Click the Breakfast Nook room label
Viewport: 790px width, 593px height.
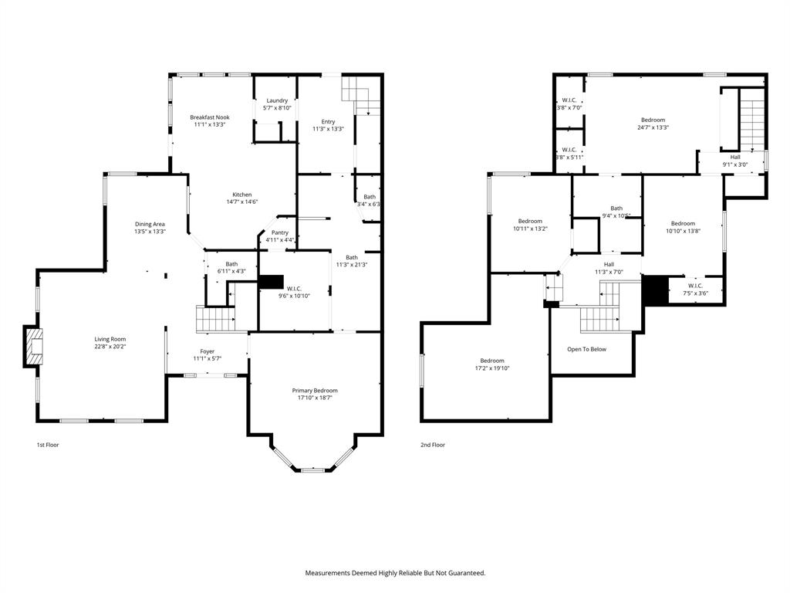(210, 117)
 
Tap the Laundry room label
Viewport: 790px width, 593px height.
(277, 100)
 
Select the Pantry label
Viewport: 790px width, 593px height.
(279, 232)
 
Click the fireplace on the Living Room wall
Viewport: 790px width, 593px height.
(33, 347)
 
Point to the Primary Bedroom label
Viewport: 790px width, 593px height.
(315, 391)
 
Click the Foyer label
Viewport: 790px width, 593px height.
(208, 351)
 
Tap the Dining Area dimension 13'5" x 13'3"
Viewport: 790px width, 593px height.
(150, 232)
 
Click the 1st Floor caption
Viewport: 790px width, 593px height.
(48, 445)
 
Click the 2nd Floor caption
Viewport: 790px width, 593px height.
(433, 445)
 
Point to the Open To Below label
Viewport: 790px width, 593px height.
(586, 349)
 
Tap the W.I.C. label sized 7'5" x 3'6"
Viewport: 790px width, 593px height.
(695, 286)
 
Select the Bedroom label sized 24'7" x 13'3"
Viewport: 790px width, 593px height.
(653, 120)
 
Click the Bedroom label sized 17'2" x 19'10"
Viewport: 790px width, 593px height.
(492, 361)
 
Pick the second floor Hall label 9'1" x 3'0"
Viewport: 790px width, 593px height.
(735, 157)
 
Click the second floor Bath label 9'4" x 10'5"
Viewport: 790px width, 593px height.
(616, 208)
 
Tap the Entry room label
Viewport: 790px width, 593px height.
(329, 121)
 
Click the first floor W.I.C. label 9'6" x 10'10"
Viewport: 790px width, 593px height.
(293, 287)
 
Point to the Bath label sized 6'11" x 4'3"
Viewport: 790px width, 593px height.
(231, 263)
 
